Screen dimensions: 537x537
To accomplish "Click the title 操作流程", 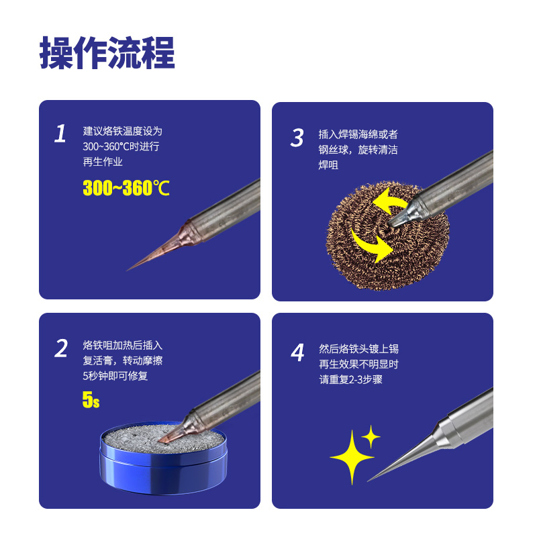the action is (x=107, y=53).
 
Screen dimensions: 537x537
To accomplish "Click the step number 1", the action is (x=60, y=133).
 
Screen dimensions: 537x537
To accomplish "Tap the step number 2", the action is (x=61, y=348).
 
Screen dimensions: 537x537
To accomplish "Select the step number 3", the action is (x=297, y=138).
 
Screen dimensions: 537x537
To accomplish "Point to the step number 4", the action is (x=297, y=352).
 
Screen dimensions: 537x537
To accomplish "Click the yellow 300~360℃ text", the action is (x=126, y=188).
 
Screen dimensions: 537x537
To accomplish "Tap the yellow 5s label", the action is (x=91, y=399).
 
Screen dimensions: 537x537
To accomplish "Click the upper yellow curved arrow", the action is (x=389, y=200).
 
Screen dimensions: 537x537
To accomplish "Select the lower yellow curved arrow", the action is (x=372, y=246).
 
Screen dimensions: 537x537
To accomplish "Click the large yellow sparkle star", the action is (x=352, y=457).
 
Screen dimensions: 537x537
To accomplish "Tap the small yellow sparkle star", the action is (x=371, y=437).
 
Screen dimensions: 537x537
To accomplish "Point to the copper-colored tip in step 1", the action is (x=161, y=247).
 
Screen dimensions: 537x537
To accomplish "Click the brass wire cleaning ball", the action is (x=388, y=236).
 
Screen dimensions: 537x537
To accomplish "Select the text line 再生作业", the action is (x=103, y=162).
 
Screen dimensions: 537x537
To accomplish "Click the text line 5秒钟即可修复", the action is (x=115, y=376).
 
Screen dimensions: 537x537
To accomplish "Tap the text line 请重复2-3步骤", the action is (x=350, y=379).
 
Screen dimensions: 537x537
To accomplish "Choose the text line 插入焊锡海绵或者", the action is (x=358, y=134).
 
